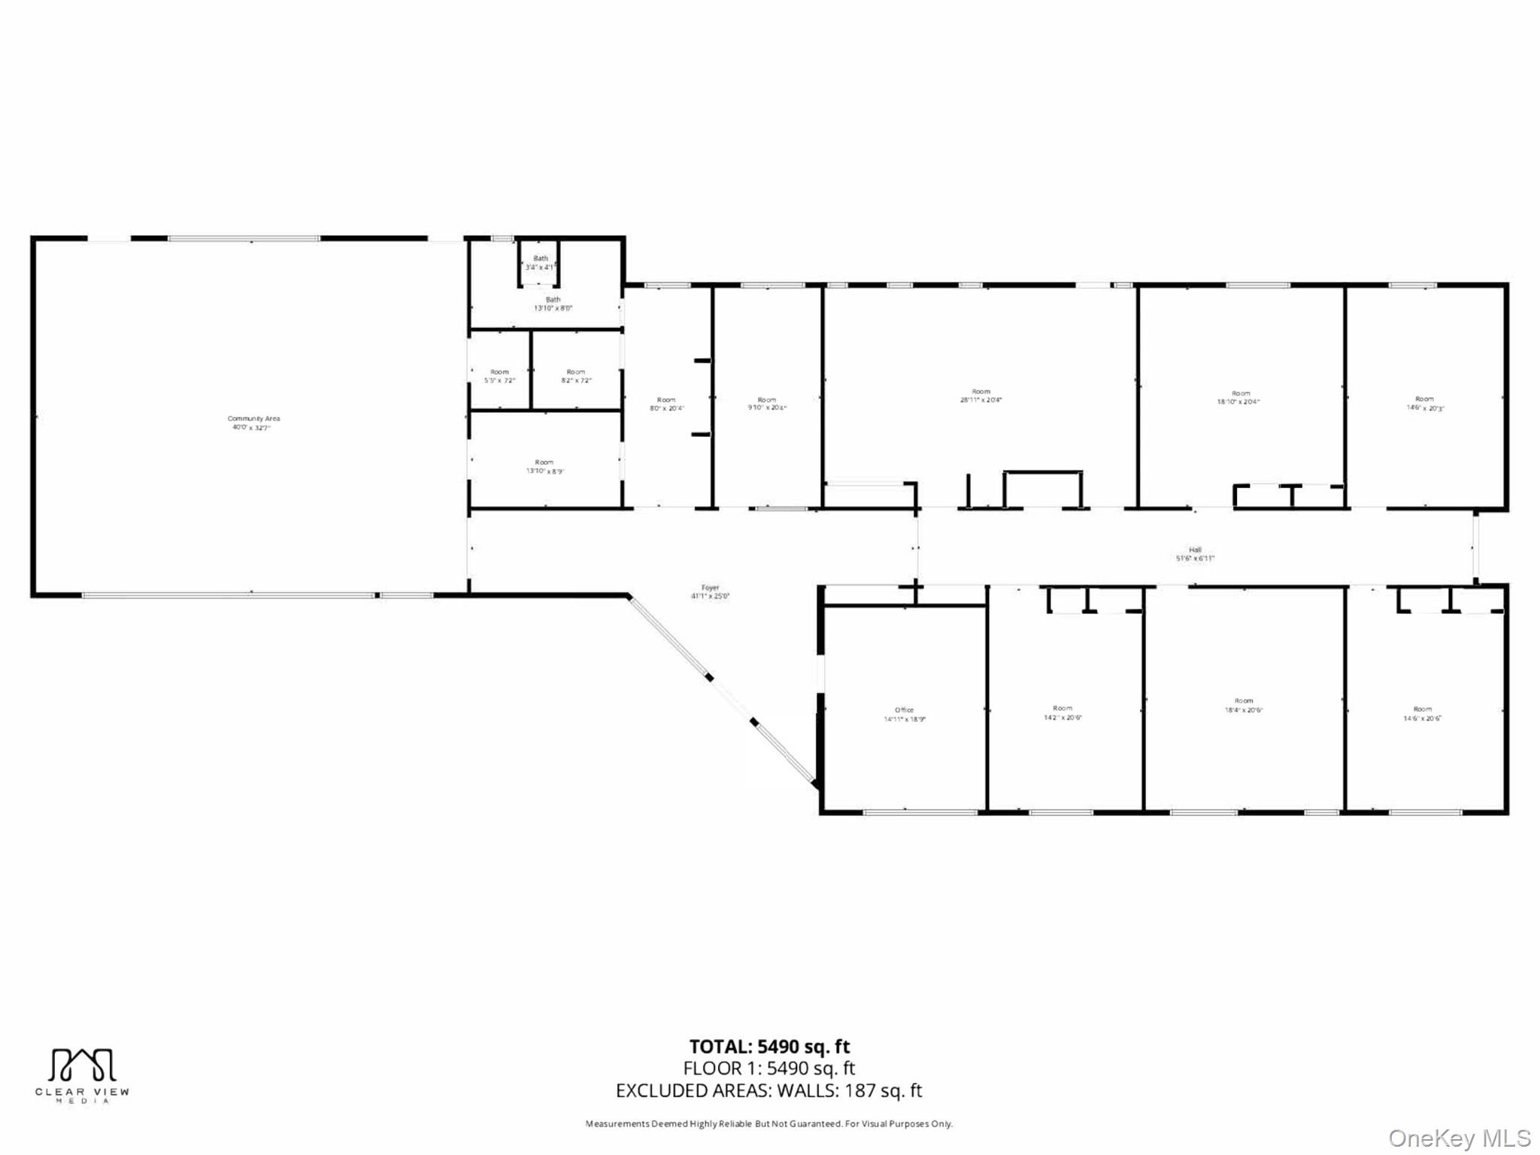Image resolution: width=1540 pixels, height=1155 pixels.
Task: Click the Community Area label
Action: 253,423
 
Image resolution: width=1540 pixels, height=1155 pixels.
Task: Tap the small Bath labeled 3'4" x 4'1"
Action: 541,263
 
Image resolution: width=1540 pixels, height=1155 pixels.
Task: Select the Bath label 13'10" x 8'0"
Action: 553,304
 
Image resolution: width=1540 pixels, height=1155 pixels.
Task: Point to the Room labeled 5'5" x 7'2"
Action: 499,376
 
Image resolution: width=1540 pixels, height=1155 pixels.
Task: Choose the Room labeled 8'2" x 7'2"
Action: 576,376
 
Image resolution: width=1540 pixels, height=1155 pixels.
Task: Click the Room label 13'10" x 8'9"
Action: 544,467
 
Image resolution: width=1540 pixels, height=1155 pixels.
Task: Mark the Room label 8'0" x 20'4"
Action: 666,404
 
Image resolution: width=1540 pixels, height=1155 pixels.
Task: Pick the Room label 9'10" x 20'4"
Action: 766,404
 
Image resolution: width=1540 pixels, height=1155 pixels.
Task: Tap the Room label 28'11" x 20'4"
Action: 981,396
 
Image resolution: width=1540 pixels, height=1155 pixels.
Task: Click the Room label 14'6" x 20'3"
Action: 1424,403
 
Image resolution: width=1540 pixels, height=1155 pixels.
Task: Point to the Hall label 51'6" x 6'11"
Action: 1195,554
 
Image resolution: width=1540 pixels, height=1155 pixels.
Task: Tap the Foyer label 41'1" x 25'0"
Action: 710,592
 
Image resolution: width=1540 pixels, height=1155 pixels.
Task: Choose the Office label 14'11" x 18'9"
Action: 904,714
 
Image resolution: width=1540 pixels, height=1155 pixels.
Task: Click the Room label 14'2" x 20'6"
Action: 1062,712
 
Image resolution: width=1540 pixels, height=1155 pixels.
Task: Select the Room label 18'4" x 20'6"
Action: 1243,705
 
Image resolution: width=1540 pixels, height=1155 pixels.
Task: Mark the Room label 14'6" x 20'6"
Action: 1422,714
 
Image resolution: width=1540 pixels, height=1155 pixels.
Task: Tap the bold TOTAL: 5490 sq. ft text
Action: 769,1047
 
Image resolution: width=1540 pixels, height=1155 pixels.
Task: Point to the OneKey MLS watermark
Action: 1459,1138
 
